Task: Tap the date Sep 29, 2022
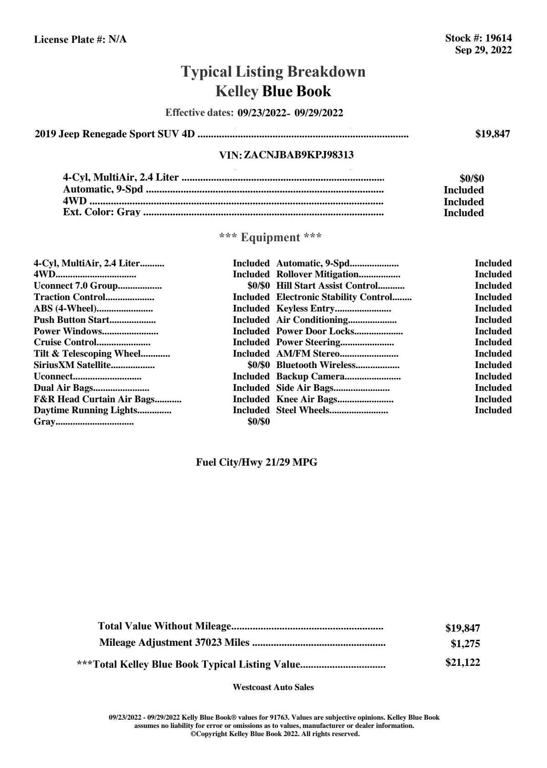483,50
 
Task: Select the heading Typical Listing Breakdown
273,72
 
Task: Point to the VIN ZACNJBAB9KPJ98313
299,155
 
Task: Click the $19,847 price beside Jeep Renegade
493,134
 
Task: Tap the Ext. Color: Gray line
102,212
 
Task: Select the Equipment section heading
271,237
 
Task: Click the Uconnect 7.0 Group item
76,286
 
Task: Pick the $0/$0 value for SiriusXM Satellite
258,365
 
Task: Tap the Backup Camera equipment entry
310,376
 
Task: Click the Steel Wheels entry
302,410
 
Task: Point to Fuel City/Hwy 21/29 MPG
256,462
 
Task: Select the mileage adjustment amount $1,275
465,644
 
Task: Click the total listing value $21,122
462,663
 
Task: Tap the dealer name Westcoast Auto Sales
273,687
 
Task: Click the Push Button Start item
72,320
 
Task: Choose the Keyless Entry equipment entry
305,309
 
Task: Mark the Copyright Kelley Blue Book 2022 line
275,734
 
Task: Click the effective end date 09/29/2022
319,113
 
